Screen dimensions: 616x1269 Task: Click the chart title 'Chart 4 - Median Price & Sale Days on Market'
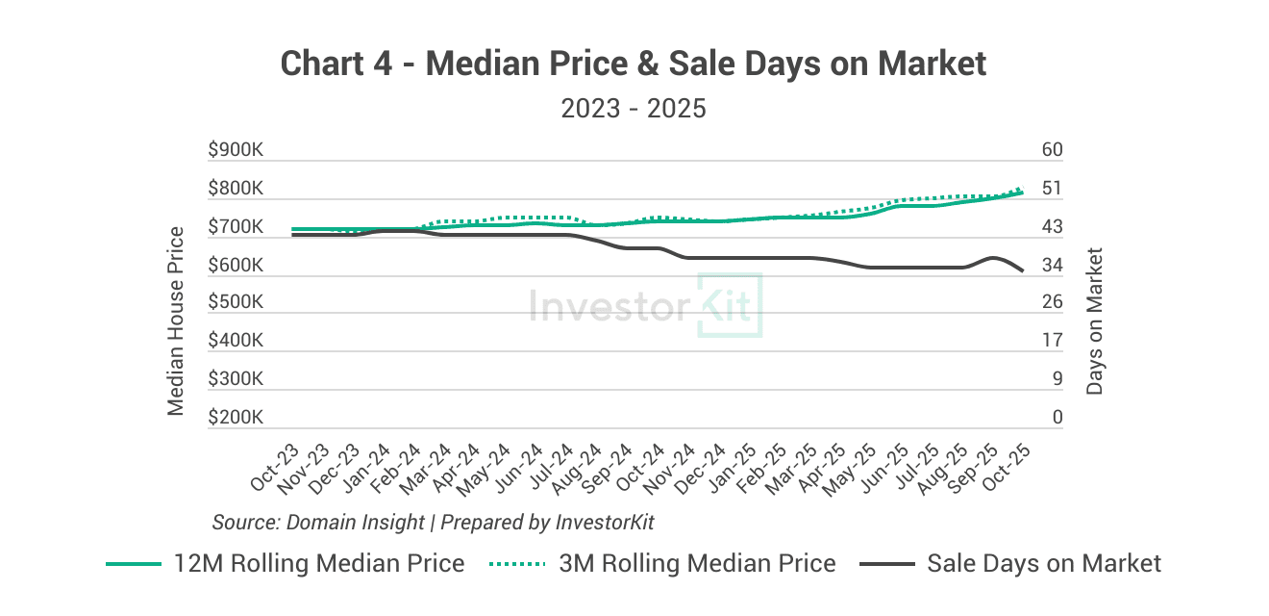[x=634, y=64]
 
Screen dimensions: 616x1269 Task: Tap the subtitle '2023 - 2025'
[x=634, y=108]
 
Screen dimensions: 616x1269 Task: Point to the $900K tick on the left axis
[x=236, y=150]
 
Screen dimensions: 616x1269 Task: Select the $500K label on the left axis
[x=236, y=302]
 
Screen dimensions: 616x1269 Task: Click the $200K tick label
[x=236, y=418]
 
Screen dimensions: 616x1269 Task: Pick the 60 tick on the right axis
[x=1052, y=150]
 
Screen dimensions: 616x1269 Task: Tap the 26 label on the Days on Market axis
[x=1052, y=302]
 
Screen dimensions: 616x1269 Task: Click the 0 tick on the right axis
[x=1057, y=418]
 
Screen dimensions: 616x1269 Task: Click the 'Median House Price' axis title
[x=176, y=321]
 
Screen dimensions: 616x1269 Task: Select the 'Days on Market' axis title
[x=1094, y=321]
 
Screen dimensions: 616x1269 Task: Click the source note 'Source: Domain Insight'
[x=318, y=522]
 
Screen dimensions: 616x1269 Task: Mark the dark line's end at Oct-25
[x=1021, y=270]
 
